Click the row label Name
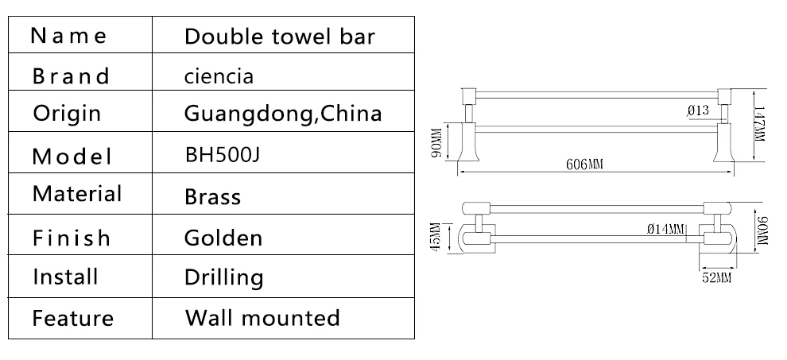pos(68,36)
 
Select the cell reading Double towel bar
pos(280,37)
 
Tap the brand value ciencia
pos(219,76)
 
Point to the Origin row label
pos(68,114)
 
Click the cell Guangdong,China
pos(283,114)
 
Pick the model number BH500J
pos(223,155)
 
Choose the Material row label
pos(77,194)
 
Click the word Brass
pos(213,196)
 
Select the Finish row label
pos(72,237)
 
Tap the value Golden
pos(223,238)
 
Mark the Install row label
pos(65,277)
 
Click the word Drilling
pos(224,277)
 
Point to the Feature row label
pos(73,318)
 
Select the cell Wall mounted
pos(262,318)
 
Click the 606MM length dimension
pos(584,165)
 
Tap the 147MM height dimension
pos(759,124)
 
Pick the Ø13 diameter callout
pos(699,110)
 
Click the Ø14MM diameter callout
pos(666,230)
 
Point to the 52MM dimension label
pos(717,277)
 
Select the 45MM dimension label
pos(436,237)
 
